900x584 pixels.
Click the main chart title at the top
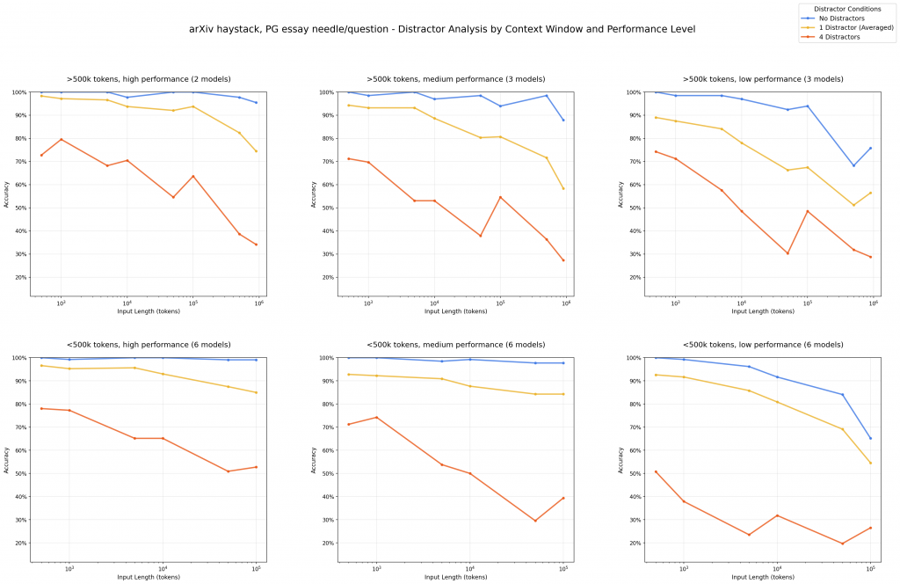pos(442,29)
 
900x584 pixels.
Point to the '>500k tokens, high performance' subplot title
pos(149,79)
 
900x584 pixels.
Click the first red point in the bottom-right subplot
pos(656,471)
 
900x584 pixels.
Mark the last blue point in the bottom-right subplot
pos(870,438)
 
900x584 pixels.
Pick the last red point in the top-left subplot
pos(256,245)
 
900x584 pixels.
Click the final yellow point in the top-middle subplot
pos(563,188)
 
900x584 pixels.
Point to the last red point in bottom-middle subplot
pos(563,498)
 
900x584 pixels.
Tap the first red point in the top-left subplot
pos(41,156)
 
